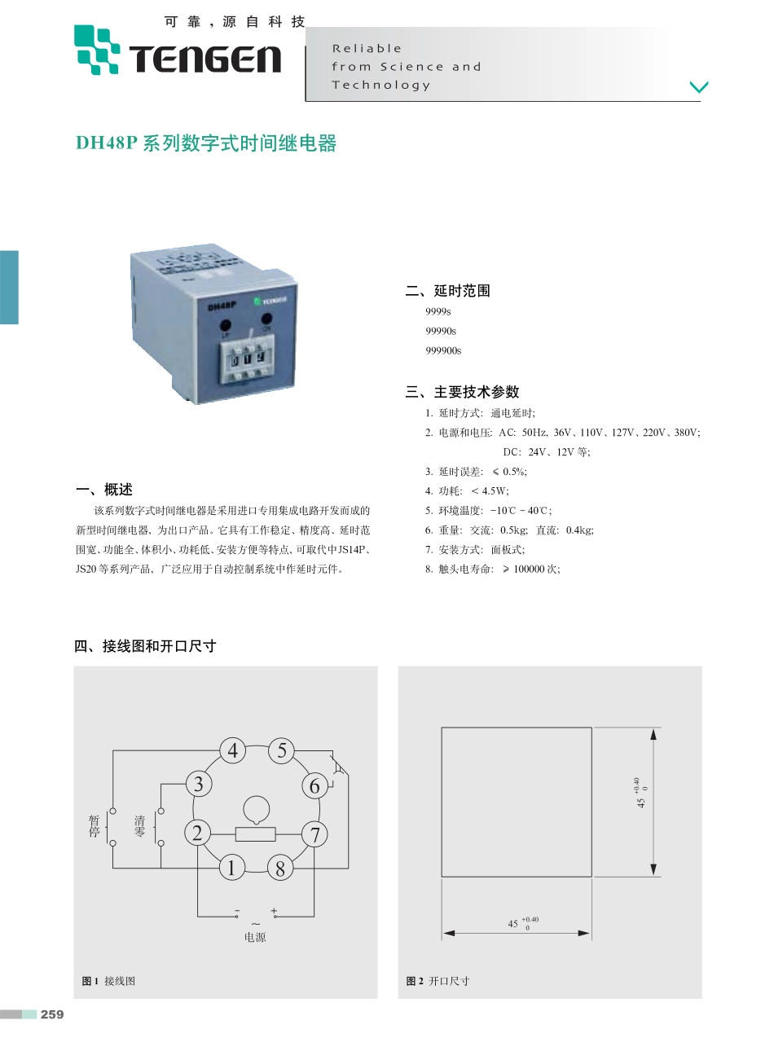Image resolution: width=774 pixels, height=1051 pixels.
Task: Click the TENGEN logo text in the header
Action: coord(204,59)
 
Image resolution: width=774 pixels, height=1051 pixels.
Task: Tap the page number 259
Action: coord(52,1014)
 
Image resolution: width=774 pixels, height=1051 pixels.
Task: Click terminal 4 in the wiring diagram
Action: coord(233,750)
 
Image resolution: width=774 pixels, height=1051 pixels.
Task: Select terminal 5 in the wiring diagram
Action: coord(282,750)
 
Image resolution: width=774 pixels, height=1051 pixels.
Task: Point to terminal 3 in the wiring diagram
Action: coord(198,785)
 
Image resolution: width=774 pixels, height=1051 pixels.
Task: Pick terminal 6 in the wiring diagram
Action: coord(314,786)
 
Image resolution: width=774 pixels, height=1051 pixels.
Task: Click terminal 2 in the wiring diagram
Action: coord(197,833)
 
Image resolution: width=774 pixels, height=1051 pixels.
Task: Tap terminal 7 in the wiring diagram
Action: coord(314,834)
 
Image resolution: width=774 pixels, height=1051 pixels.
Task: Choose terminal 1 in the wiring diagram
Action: coord(232,868)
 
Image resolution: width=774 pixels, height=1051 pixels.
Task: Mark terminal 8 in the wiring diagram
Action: coord(280,869)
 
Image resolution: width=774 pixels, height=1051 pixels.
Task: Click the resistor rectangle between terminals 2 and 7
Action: coord(256,833)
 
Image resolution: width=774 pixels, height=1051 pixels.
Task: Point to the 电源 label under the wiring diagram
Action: coord(255,938)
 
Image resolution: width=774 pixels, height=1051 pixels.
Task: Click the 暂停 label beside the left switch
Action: coord(95,826)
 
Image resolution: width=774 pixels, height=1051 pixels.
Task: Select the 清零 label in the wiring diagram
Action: coord(139,827)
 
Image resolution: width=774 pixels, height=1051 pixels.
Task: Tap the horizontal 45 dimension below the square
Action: coord(513,924)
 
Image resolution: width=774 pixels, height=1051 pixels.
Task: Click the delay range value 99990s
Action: coord(441,332)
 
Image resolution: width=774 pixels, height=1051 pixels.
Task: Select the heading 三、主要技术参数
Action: coord(462,392)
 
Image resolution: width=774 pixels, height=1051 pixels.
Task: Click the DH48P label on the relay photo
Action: coord(221,307)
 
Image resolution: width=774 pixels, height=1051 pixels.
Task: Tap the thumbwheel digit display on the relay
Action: coord(248,358)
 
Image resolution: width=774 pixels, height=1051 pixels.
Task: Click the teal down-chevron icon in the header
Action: coord(698,87)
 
